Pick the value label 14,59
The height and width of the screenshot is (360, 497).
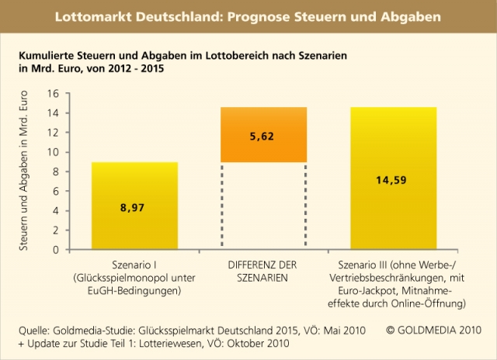click(x=394, y=181)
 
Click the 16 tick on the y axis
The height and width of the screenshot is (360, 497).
click(x=54, y=93)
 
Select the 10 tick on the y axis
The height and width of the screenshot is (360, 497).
click(x=54, y=152)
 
